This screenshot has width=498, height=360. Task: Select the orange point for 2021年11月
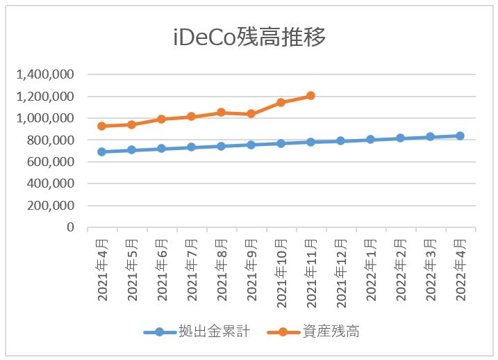310,95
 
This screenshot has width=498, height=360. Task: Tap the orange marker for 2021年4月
101,126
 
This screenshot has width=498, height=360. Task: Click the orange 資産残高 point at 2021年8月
221,112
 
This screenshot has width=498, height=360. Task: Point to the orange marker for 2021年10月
281,102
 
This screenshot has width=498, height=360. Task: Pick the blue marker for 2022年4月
460,136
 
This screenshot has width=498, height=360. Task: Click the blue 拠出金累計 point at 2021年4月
101,152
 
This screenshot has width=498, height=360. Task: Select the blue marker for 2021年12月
340,140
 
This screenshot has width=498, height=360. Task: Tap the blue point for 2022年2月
400,138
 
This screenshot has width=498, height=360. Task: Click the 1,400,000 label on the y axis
49,74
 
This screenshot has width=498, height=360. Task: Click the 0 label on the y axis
70,227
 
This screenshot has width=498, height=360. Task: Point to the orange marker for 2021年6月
161,119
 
